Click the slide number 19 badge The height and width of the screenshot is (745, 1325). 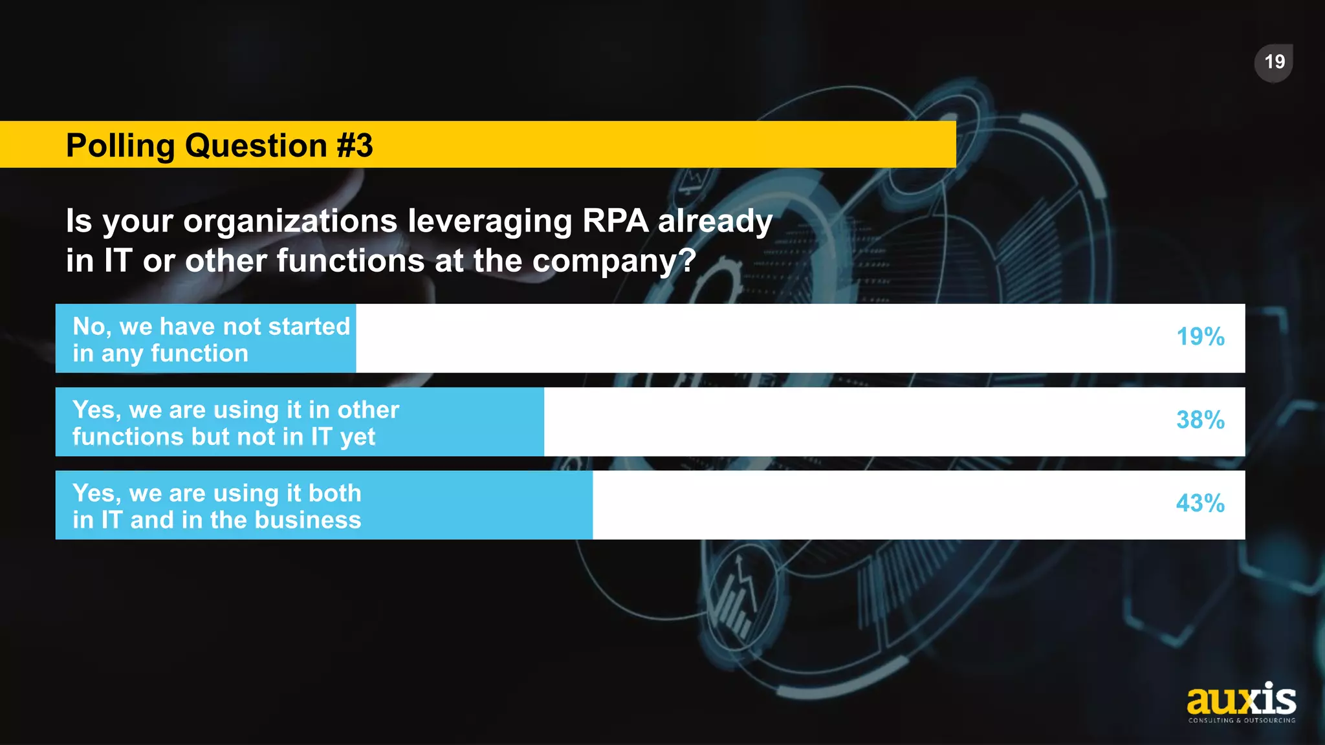point(1274,63)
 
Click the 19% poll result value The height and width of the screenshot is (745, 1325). point(1200,337)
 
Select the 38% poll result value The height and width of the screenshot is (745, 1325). point(1200,420)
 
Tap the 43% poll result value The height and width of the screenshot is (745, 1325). point(1200,504)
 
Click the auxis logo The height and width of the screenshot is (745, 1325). point(1241,700)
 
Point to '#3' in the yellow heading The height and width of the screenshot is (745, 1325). point(355,146)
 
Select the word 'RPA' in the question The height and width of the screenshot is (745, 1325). point(615,221)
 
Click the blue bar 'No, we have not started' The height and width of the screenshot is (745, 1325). point(206,338)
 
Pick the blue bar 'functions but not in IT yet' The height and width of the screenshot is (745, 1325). point(300,422)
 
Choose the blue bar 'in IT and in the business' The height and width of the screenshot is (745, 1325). point(323,505)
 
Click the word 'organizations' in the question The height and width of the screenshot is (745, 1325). point(290,221)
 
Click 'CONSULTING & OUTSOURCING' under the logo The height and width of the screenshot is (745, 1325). point(1242,720)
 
